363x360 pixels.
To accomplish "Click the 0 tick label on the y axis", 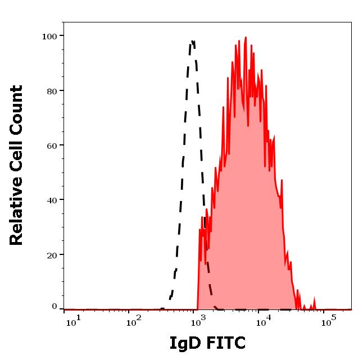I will tap(55, 307).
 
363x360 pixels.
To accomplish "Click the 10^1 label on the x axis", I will tap(73, 321).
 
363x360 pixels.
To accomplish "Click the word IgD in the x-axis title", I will tap(185, 343).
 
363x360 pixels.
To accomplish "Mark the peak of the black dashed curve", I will tap(193, 41).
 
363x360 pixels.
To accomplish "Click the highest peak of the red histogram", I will tap(246, 38).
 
